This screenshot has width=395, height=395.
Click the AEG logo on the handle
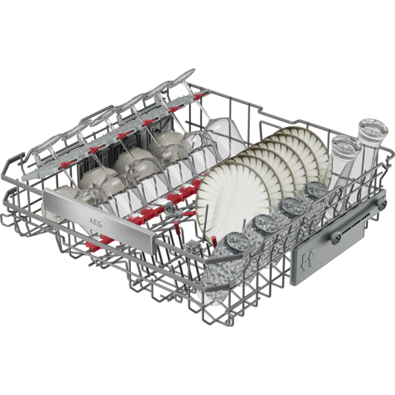click(x=95, y=223)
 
